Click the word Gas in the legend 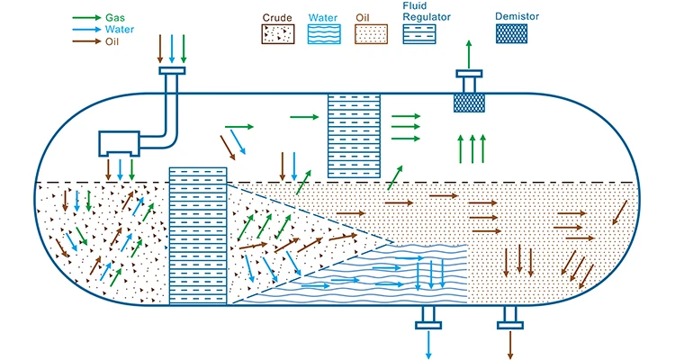[116, 17]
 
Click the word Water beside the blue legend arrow [120, 29]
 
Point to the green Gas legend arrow [85, 17]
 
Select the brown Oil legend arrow [85, 40]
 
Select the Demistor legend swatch [513, 33]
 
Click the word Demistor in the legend [513, 16]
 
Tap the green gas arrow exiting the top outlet [467, 53]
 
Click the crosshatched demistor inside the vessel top [467, 101]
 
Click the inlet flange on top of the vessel [172, 70]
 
